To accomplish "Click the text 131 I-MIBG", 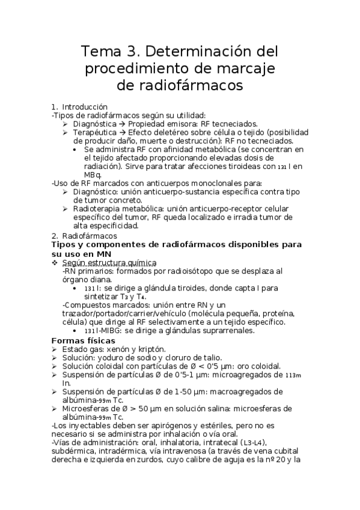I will (x=100, y=331).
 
